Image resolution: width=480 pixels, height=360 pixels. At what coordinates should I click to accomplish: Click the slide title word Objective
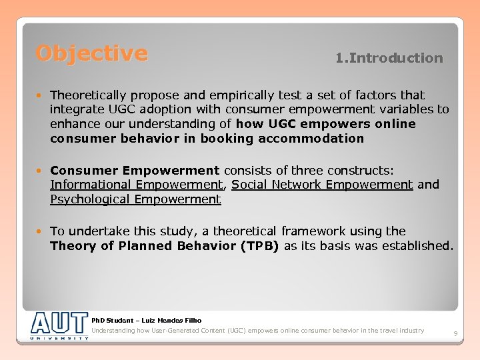click(x=92, y=53)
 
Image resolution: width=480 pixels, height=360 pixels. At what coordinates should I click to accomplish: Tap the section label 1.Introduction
click(x=389, y=58)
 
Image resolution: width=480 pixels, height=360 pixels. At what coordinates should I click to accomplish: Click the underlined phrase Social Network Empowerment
click(x=322, y=185)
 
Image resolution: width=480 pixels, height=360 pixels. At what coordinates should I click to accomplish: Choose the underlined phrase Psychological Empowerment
click(x=135, y=199)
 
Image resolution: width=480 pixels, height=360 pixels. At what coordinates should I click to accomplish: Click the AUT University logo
click(x=59, y=325)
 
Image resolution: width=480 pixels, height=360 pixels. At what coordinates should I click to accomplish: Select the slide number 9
click(x=455, y=333)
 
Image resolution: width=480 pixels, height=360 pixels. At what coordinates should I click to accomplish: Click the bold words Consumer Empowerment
click(x=135, y=170)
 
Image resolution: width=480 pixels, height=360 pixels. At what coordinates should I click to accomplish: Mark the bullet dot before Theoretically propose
click(x=42, y=96)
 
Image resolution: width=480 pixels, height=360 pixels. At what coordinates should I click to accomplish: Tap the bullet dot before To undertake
click(x=42, y=232)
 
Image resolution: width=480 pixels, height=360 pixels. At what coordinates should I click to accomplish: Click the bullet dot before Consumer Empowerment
click(x=42, y=171)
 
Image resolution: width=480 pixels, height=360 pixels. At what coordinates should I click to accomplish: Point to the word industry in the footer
click(x=411, y=331)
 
